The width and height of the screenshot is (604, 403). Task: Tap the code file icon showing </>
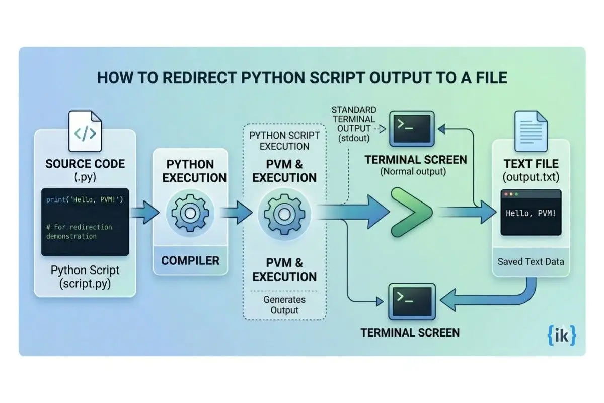(85, 132)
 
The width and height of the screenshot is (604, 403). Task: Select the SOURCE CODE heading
(85, 164)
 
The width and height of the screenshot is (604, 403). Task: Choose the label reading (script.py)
(85, 283)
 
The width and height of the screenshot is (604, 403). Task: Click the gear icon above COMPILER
(189, 214)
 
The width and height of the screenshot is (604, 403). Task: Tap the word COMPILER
(190, 260)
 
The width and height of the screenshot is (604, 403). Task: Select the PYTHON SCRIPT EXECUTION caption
(284, 141)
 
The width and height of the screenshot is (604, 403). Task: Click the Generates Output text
(284, 304)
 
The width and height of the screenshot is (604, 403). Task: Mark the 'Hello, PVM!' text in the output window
(531, 214)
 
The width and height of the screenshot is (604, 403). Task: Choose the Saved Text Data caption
(531, 261)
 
